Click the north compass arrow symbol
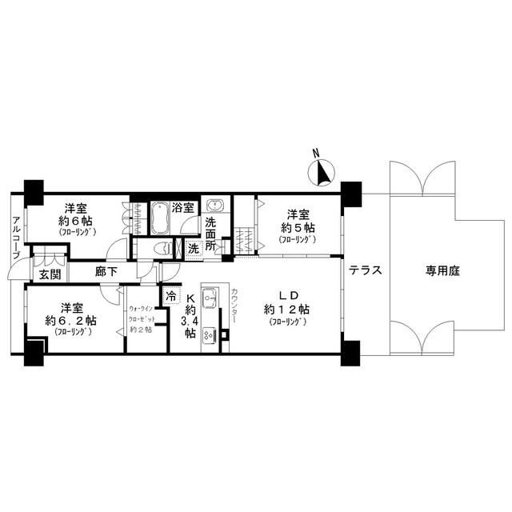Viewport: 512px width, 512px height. tap(322, 172)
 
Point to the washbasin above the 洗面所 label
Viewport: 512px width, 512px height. tap(214, 205)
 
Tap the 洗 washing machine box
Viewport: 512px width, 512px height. tap(194, 248)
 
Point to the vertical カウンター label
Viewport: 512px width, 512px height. tap(234, 307)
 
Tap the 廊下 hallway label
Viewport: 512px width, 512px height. tap(106, 272)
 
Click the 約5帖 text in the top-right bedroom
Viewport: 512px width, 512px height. tap(298, 227)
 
